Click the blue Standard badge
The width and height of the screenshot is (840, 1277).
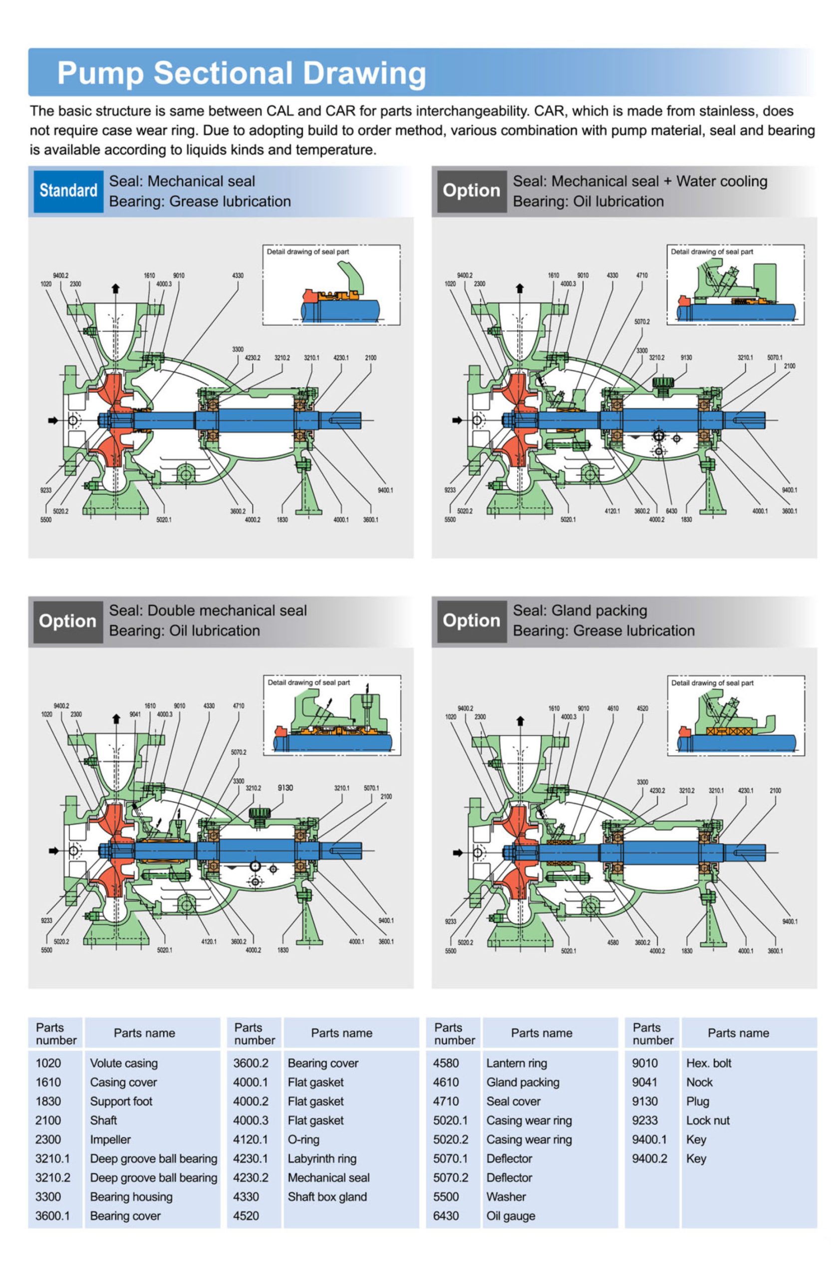68,191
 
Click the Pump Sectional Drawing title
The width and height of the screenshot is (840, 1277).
241,73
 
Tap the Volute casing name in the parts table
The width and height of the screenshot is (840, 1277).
123,1063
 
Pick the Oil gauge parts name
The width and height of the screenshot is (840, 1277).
510,1216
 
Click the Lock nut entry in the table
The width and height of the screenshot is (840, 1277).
707,1120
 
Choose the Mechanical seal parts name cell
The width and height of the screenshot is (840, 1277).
328,1178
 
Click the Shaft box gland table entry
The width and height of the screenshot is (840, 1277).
327,1197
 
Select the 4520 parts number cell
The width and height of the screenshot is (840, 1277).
246,1216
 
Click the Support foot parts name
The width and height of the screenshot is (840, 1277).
121,1101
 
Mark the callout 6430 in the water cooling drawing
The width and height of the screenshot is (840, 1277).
671,511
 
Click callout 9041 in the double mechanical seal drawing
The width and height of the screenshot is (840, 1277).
135,714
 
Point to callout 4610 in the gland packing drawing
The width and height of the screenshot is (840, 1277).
612,708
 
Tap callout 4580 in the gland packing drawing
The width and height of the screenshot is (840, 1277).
612,942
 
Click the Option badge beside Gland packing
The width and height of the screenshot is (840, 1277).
471,621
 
